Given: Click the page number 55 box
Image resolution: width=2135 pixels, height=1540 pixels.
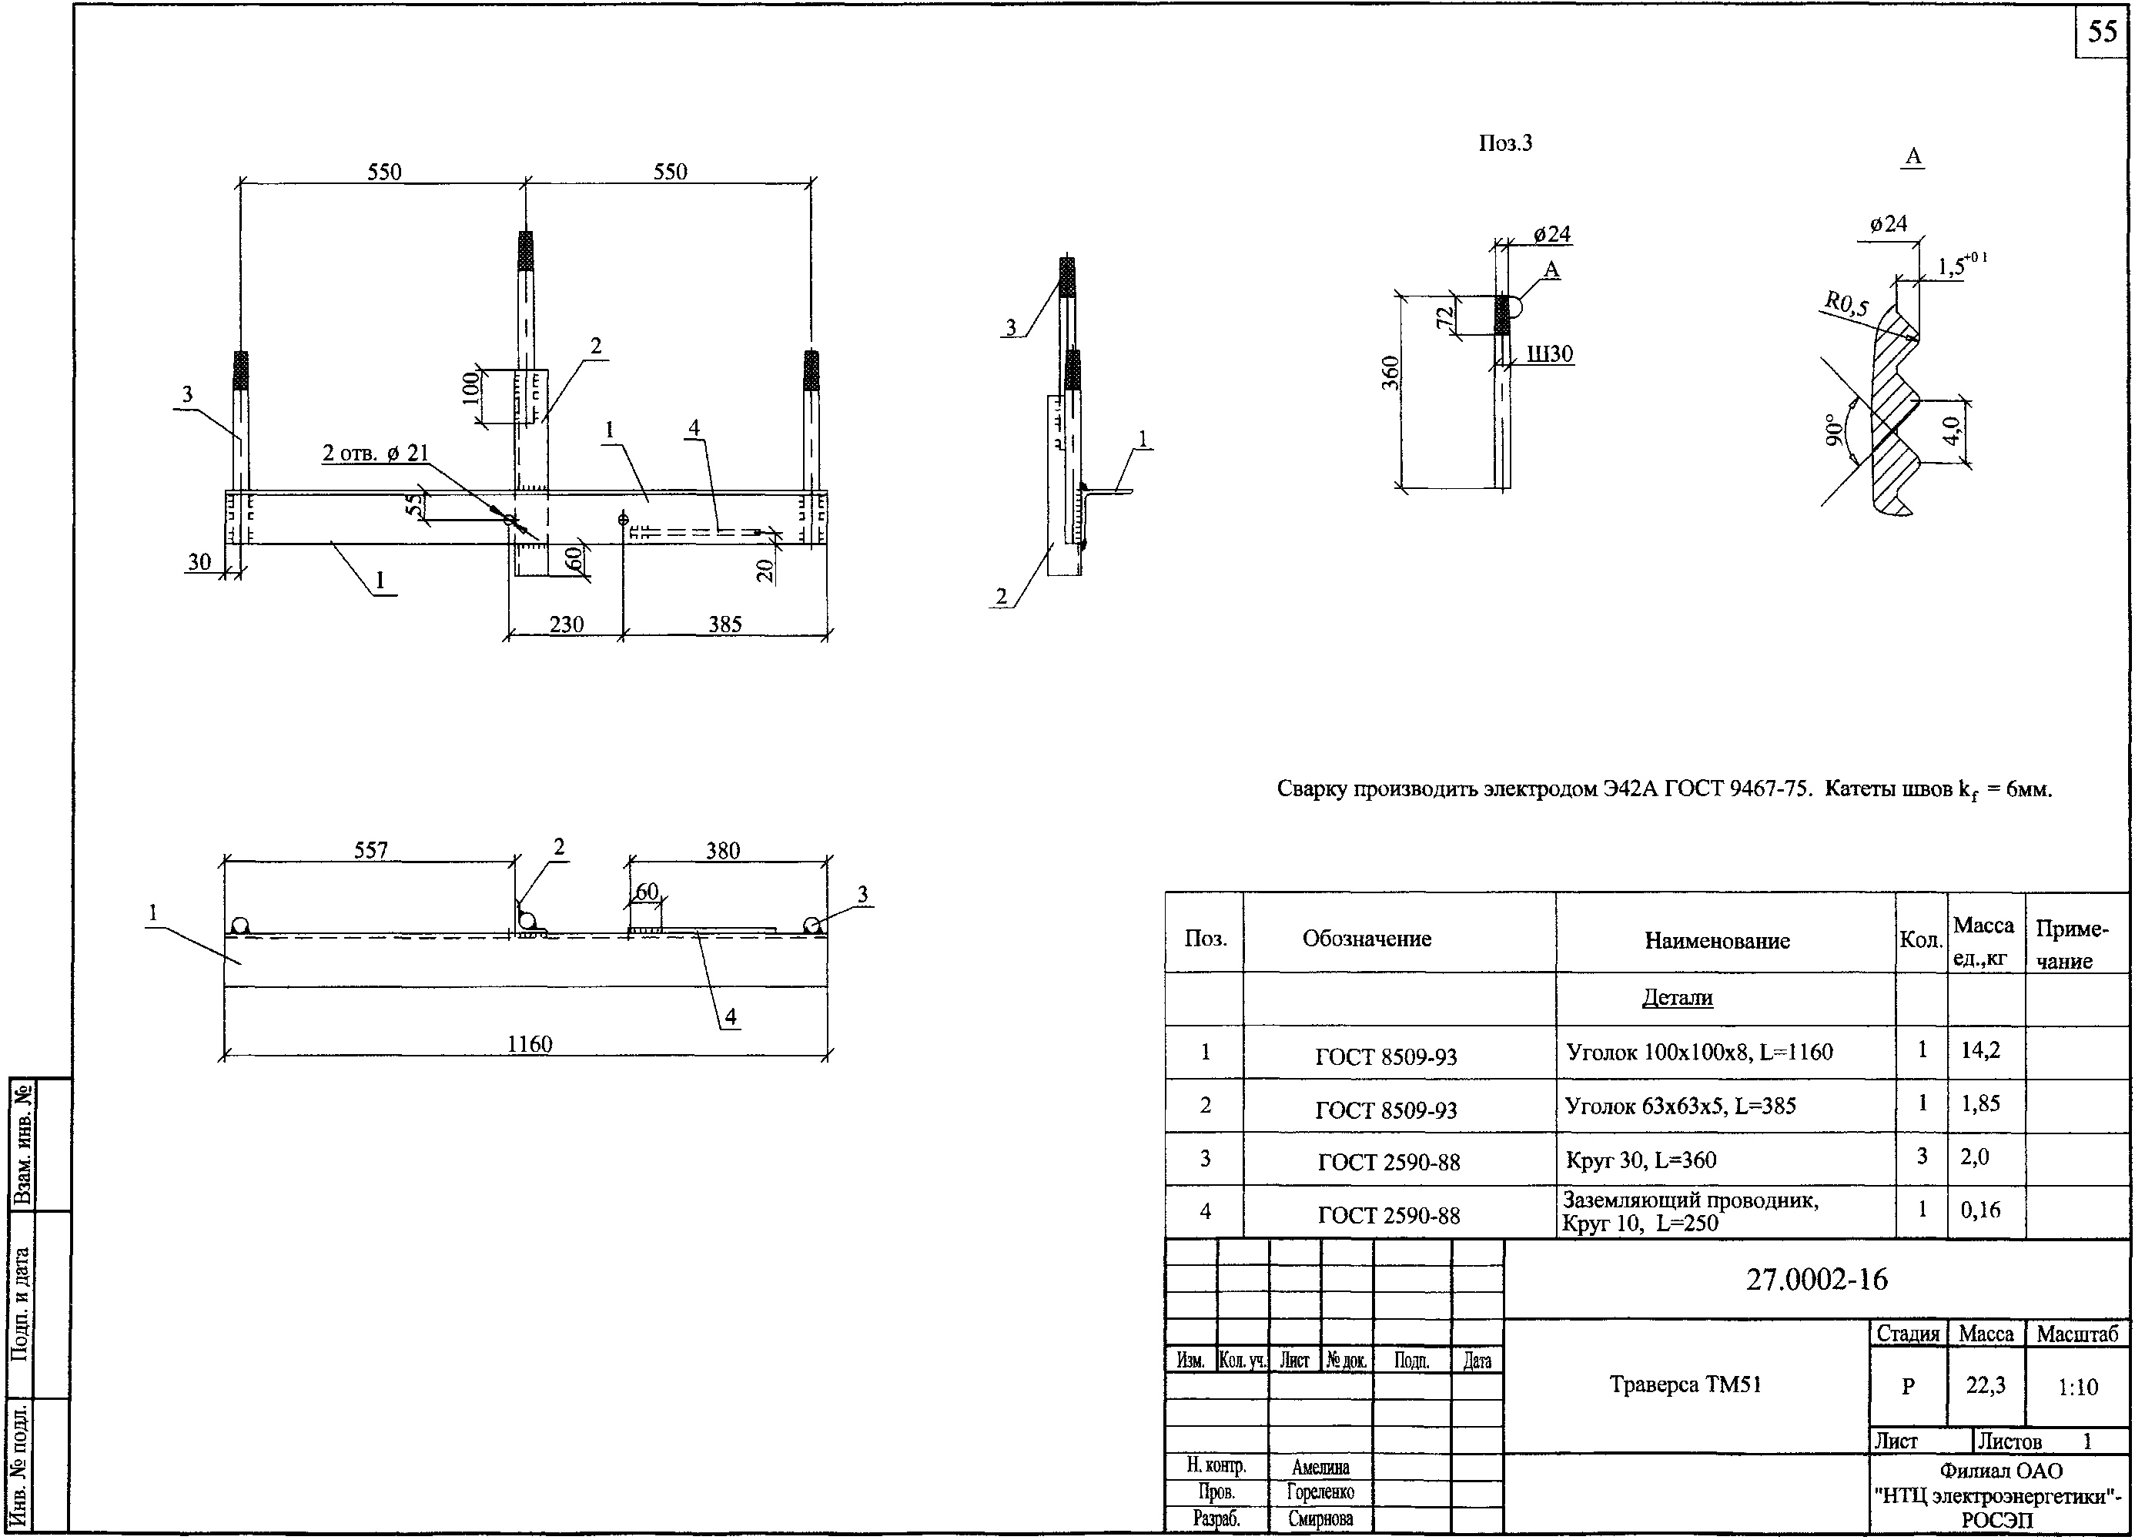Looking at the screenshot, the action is point(2101,32).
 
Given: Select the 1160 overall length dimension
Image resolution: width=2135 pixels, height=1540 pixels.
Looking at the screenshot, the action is point(529,1043).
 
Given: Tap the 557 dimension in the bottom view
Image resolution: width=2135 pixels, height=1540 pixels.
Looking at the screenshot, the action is point(371,850).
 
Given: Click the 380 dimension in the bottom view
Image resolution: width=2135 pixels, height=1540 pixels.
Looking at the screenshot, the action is point(723,850).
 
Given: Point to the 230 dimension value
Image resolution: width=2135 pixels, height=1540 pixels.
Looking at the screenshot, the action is point(567,624).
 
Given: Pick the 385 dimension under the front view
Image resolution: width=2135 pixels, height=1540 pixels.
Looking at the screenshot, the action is point(724,624).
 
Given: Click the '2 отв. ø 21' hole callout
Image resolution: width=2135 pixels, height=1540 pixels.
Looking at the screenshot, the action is point(376,453).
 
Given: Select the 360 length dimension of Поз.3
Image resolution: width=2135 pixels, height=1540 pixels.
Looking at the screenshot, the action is point(1391,373).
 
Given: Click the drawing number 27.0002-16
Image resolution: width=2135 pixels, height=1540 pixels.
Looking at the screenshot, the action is point(1817,1278).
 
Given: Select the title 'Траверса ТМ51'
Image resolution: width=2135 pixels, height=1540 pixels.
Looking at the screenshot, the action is point(1685,1384).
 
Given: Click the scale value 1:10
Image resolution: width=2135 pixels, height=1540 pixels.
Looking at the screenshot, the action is point(2077,1387).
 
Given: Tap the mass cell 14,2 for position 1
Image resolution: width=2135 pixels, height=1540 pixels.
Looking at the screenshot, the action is point(1980,1050).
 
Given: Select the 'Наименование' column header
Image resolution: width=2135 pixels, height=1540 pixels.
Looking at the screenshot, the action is point(1717,940).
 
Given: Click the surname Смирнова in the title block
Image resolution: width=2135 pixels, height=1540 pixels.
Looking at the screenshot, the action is point(1320,1518).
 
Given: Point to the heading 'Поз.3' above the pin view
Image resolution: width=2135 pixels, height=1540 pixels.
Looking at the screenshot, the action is point(1505,143).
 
